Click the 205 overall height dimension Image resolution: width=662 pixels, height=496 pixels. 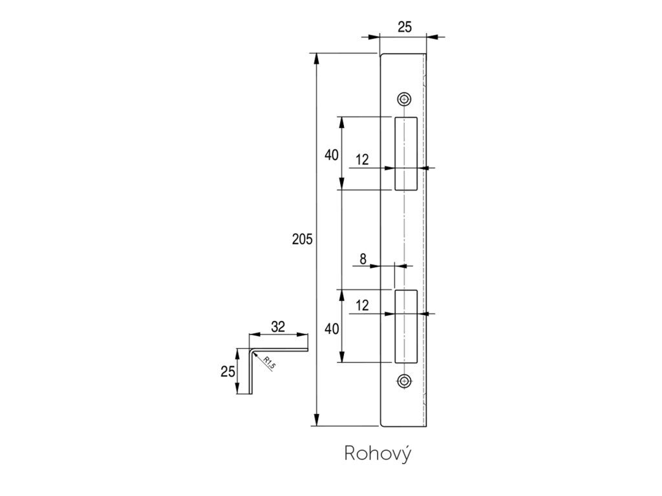point(302,240)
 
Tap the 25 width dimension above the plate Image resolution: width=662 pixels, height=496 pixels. point(405,26)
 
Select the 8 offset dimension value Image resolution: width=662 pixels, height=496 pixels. point(363,259)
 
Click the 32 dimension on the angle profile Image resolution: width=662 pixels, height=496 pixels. point(278,327)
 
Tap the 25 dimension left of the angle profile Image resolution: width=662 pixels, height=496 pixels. point(227,371)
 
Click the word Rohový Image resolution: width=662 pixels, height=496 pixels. point(378,454)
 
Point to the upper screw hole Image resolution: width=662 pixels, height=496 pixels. point(405,99)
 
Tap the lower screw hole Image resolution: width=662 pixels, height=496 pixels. point(405,380)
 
